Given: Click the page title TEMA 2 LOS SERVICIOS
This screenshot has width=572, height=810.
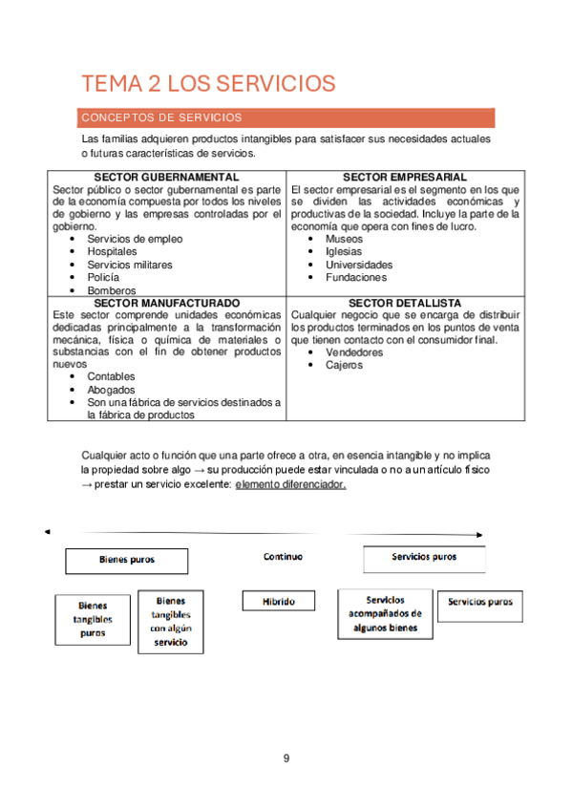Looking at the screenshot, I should tap(208, 83).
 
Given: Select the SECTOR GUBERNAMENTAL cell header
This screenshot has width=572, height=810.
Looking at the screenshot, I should tap(166, 178).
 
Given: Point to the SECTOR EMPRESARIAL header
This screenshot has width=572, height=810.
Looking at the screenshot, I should tap(405, 178).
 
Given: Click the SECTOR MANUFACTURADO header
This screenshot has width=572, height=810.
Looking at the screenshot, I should tap(166, 303).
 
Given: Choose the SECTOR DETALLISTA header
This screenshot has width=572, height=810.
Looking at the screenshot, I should tap(405, 303).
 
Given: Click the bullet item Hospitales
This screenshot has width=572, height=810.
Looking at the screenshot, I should tap(112, 252).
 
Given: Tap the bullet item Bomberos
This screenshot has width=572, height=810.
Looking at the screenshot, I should tap(111, 290).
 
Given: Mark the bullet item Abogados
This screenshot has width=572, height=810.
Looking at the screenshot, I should tap(111, 390).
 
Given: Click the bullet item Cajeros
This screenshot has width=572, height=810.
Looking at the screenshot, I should tap(344, 365).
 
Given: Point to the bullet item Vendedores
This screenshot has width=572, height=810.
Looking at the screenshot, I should tap(353, 352).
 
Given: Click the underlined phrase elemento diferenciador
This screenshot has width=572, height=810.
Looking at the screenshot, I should tap(290, 484).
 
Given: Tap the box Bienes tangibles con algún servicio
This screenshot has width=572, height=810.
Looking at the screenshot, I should tap(171, 622).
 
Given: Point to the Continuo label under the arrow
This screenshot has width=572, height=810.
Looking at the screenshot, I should tap(283, 556).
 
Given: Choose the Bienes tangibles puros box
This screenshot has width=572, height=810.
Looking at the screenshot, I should tap(93, 619).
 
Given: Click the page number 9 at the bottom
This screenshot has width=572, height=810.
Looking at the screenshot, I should tap(286, 758).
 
